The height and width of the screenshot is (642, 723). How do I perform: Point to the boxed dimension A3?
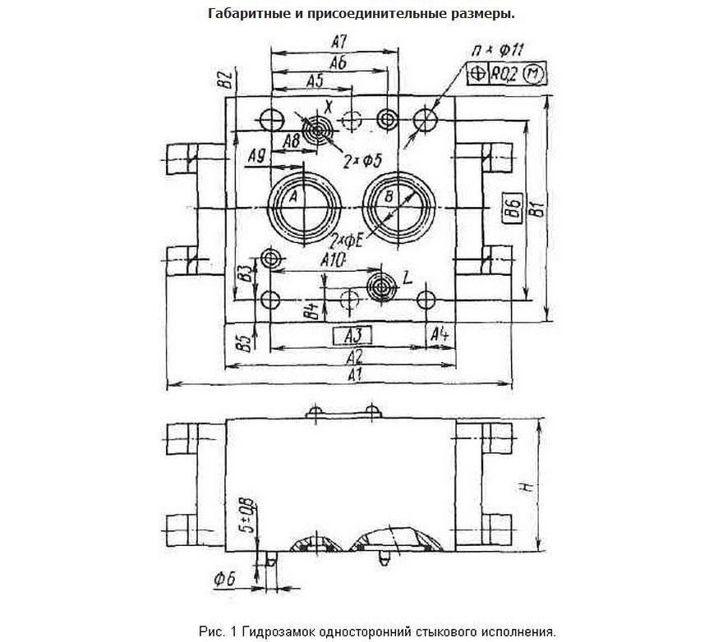coord(352,335)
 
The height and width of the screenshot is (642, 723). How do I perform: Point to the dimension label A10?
coord(334,259)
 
